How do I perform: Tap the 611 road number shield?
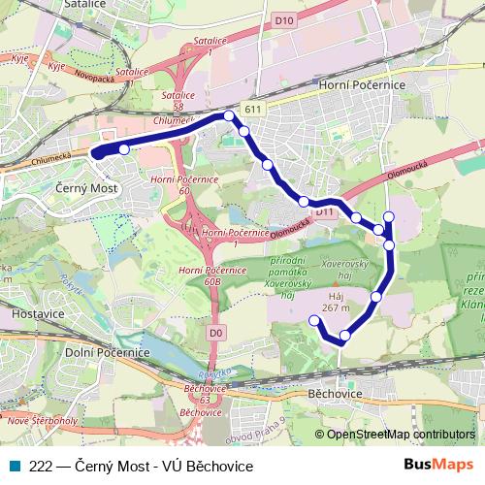point(254,111)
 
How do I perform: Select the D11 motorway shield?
point(324,211)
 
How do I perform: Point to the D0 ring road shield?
point(215,333)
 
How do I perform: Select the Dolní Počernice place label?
point(107,352)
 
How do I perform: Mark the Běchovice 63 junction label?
point(203,393)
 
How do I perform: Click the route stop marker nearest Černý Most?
point(124,148)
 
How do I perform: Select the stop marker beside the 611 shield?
point(230,116)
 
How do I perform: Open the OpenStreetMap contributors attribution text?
point(394,435)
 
